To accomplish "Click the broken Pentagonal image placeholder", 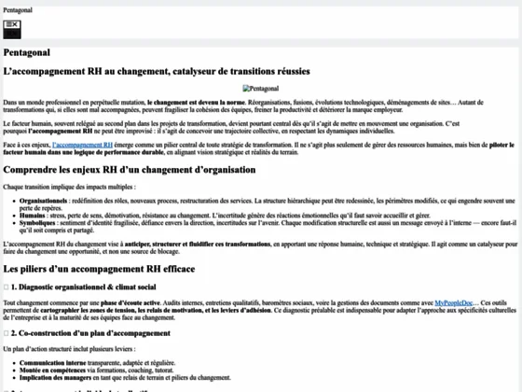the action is [x=260, y=89].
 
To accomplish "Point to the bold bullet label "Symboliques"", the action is [x=36, y=223].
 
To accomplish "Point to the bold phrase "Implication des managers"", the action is [x=53, y=377].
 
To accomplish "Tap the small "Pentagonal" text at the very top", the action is [x=21, y=8].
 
